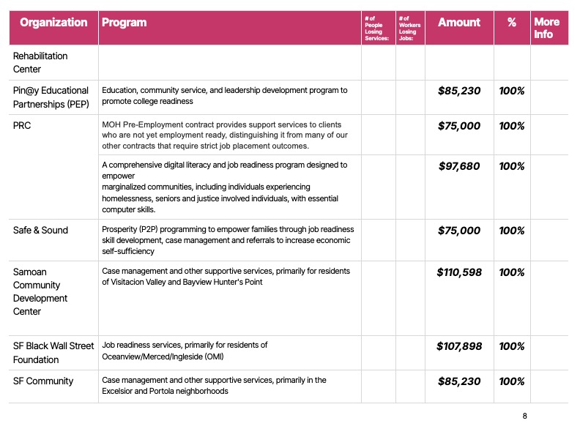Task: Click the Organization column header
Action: [53, 23]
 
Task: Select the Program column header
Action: [124, 23]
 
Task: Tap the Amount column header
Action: [459, 23]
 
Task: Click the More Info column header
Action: [547, 28]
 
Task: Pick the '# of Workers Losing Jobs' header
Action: [409, 28]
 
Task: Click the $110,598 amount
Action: [459, 272]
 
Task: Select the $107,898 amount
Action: [459, 346]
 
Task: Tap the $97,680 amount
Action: [459, 166]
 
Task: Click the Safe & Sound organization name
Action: [40, 230]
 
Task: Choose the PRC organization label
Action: [22, 126]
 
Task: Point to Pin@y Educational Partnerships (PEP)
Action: [51, 97]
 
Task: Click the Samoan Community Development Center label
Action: [40, 291]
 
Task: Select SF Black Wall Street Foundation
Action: [53, 353]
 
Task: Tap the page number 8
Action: [524, 416]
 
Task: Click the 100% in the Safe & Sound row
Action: [512, 231]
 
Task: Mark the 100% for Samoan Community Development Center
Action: [512, 272]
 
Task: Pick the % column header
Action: [512, 23]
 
